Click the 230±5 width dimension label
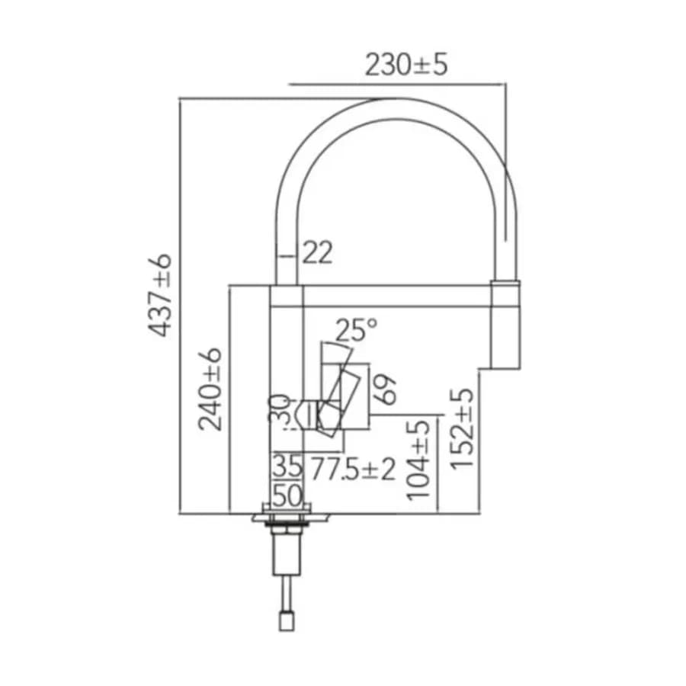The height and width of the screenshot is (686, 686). click(406, 65)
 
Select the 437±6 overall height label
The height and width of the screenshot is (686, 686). click(159, 295)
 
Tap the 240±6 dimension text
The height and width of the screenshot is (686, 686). click(210, 389)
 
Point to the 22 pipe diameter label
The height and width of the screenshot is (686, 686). click(317, 252)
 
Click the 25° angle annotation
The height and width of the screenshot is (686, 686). click(356, 329)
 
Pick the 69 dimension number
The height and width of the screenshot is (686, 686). click(386, 389)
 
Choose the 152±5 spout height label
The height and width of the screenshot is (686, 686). click(463, 428)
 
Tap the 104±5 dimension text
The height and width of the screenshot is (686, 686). click(418, 460)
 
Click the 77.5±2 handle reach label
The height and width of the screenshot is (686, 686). click(353, 469)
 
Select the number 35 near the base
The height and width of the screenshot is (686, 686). click(287, 466)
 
